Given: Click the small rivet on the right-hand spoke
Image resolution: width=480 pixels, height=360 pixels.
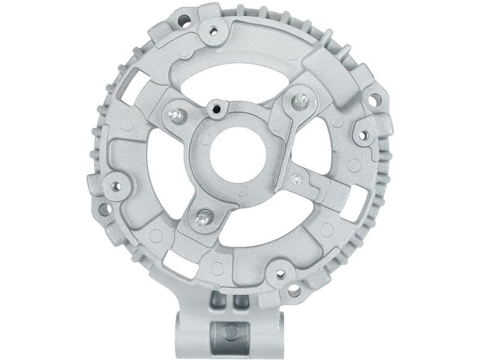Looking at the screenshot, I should pos(296,178).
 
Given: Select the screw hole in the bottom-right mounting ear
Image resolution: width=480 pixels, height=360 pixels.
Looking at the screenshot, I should pos(280,274).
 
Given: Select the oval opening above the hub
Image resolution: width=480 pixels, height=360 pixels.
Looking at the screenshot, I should pos(240,78).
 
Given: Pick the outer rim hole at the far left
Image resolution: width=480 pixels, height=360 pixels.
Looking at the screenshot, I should pos(103,210).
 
